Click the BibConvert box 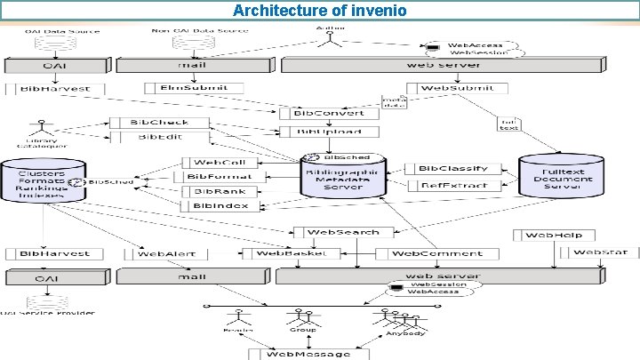tap(320, 114)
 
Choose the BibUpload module tap(320, 132)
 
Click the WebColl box tap(220, 163)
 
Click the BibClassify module tap(452, 168)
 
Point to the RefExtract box tap(452, 185)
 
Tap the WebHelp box tap(552, 235)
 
